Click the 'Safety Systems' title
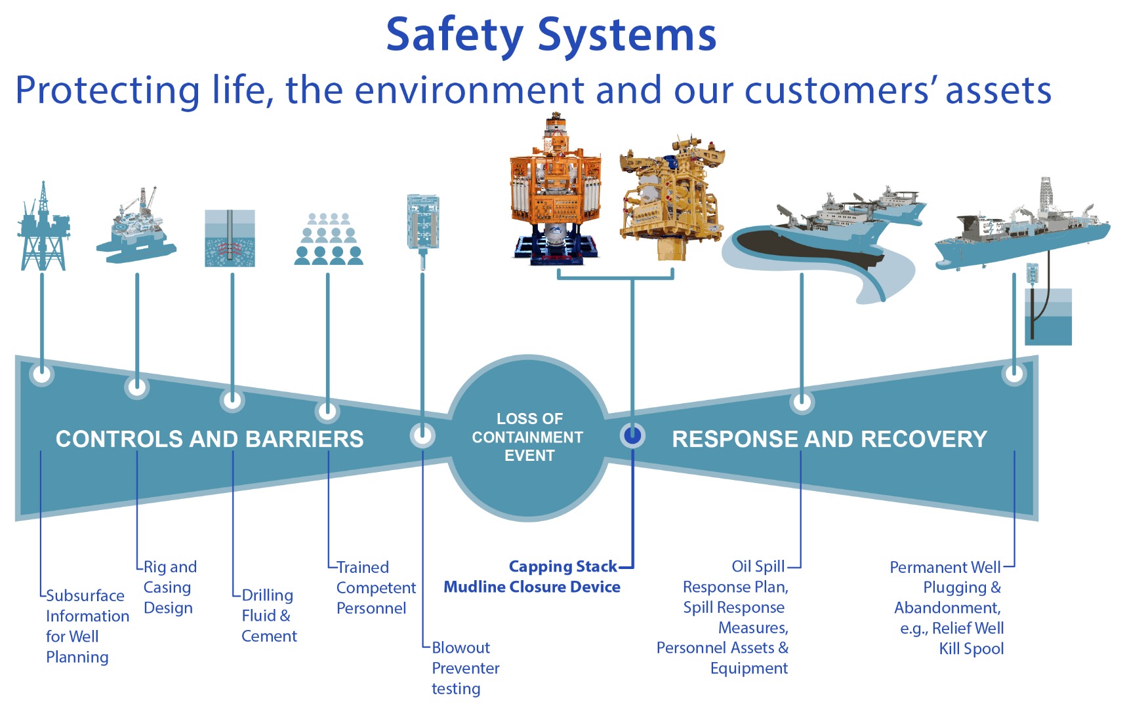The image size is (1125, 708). (x=551, y=36)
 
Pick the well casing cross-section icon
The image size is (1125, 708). (x=230, y=238)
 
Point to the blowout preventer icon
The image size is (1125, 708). (x=422, y=230)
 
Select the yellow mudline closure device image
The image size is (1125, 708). (x=671, y=198)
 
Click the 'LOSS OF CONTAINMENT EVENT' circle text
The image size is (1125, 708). (x=529, y=437)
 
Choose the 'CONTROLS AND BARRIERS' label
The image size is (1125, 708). (x=209, y=439)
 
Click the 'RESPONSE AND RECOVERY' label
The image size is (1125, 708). (x=829, y=439)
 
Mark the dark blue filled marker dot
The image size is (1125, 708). (x=633, y=435)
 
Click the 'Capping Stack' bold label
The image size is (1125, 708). (x=563, y=566)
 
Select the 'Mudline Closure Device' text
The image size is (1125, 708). (x=532, y=587)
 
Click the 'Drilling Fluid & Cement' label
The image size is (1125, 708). (x=269, y=616)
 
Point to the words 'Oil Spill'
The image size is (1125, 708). (x=758, y=566)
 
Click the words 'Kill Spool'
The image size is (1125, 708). (x=972, y=649)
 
